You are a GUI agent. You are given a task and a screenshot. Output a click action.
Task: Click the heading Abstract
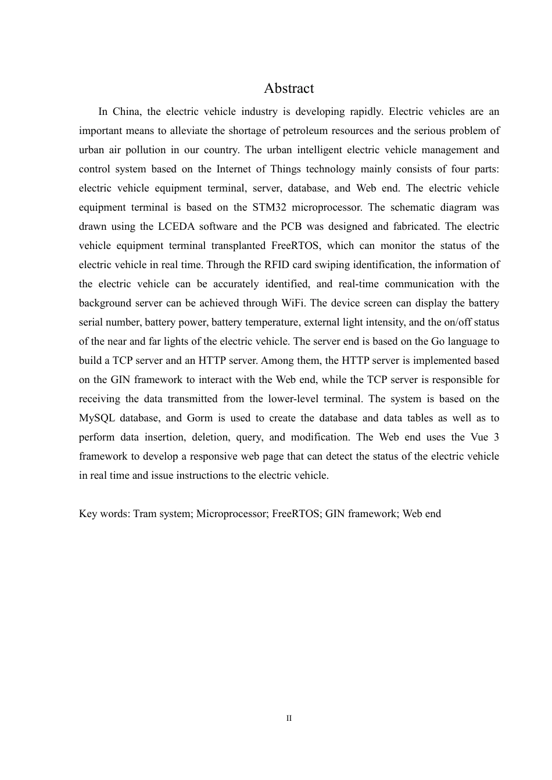tap(288, 88)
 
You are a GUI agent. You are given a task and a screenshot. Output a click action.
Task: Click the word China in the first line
tap(126, 111)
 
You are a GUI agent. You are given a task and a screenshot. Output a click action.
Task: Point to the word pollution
tap(146, 150)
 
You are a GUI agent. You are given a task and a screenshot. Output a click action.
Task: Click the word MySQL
tap(96, 418)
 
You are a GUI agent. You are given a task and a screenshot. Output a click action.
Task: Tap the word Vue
tap(479, 437)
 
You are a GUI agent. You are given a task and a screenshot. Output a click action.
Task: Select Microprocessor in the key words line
tap(231, 514)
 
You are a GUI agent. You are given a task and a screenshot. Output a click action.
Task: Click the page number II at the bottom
tap(289, 718)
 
